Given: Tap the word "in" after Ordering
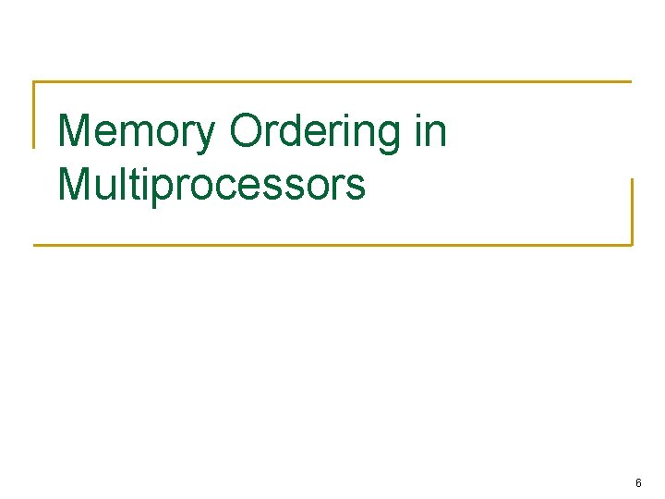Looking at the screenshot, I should pos(430,132).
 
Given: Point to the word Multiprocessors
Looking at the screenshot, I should pos(212,185).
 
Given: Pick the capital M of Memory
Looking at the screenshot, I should pos(74,132).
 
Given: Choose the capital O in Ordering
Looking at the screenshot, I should pos(247,132).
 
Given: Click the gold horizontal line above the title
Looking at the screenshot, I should pos(332,81).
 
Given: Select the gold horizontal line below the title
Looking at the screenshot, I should pos(332,245).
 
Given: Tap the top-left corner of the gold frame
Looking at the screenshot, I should pos(35,82).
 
